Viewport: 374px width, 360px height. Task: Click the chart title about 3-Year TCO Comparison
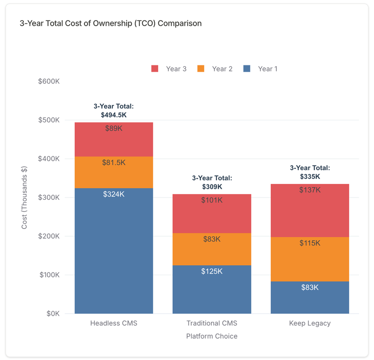[111, 23]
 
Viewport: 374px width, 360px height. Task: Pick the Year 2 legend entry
[215, 69]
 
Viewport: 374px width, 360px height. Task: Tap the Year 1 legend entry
[260, 69]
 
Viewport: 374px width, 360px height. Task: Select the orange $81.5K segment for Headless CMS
[114, 172]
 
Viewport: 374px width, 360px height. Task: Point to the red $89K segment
[114, 139]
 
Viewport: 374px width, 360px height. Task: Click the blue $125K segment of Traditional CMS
[212, 289]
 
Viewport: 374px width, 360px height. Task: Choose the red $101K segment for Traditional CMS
[212, 213]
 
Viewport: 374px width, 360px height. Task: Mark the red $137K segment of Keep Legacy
[310, 210]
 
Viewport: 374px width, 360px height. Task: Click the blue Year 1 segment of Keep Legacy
[310, 297]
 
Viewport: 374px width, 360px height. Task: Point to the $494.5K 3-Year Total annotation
[114, 110]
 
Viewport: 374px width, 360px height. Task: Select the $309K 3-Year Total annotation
[212, 182]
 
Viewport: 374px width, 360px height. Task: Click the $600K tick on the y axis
[49, 81]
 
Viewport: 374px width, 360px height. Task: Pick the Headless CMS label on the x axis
[114, 323]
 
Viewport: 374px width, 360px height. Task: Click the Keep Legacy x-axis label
[310, 323]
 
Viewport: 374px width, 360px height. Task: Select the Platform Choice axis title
[212, 336]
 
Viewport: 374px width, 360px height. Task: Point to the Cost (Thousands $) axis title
[24, 198]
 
